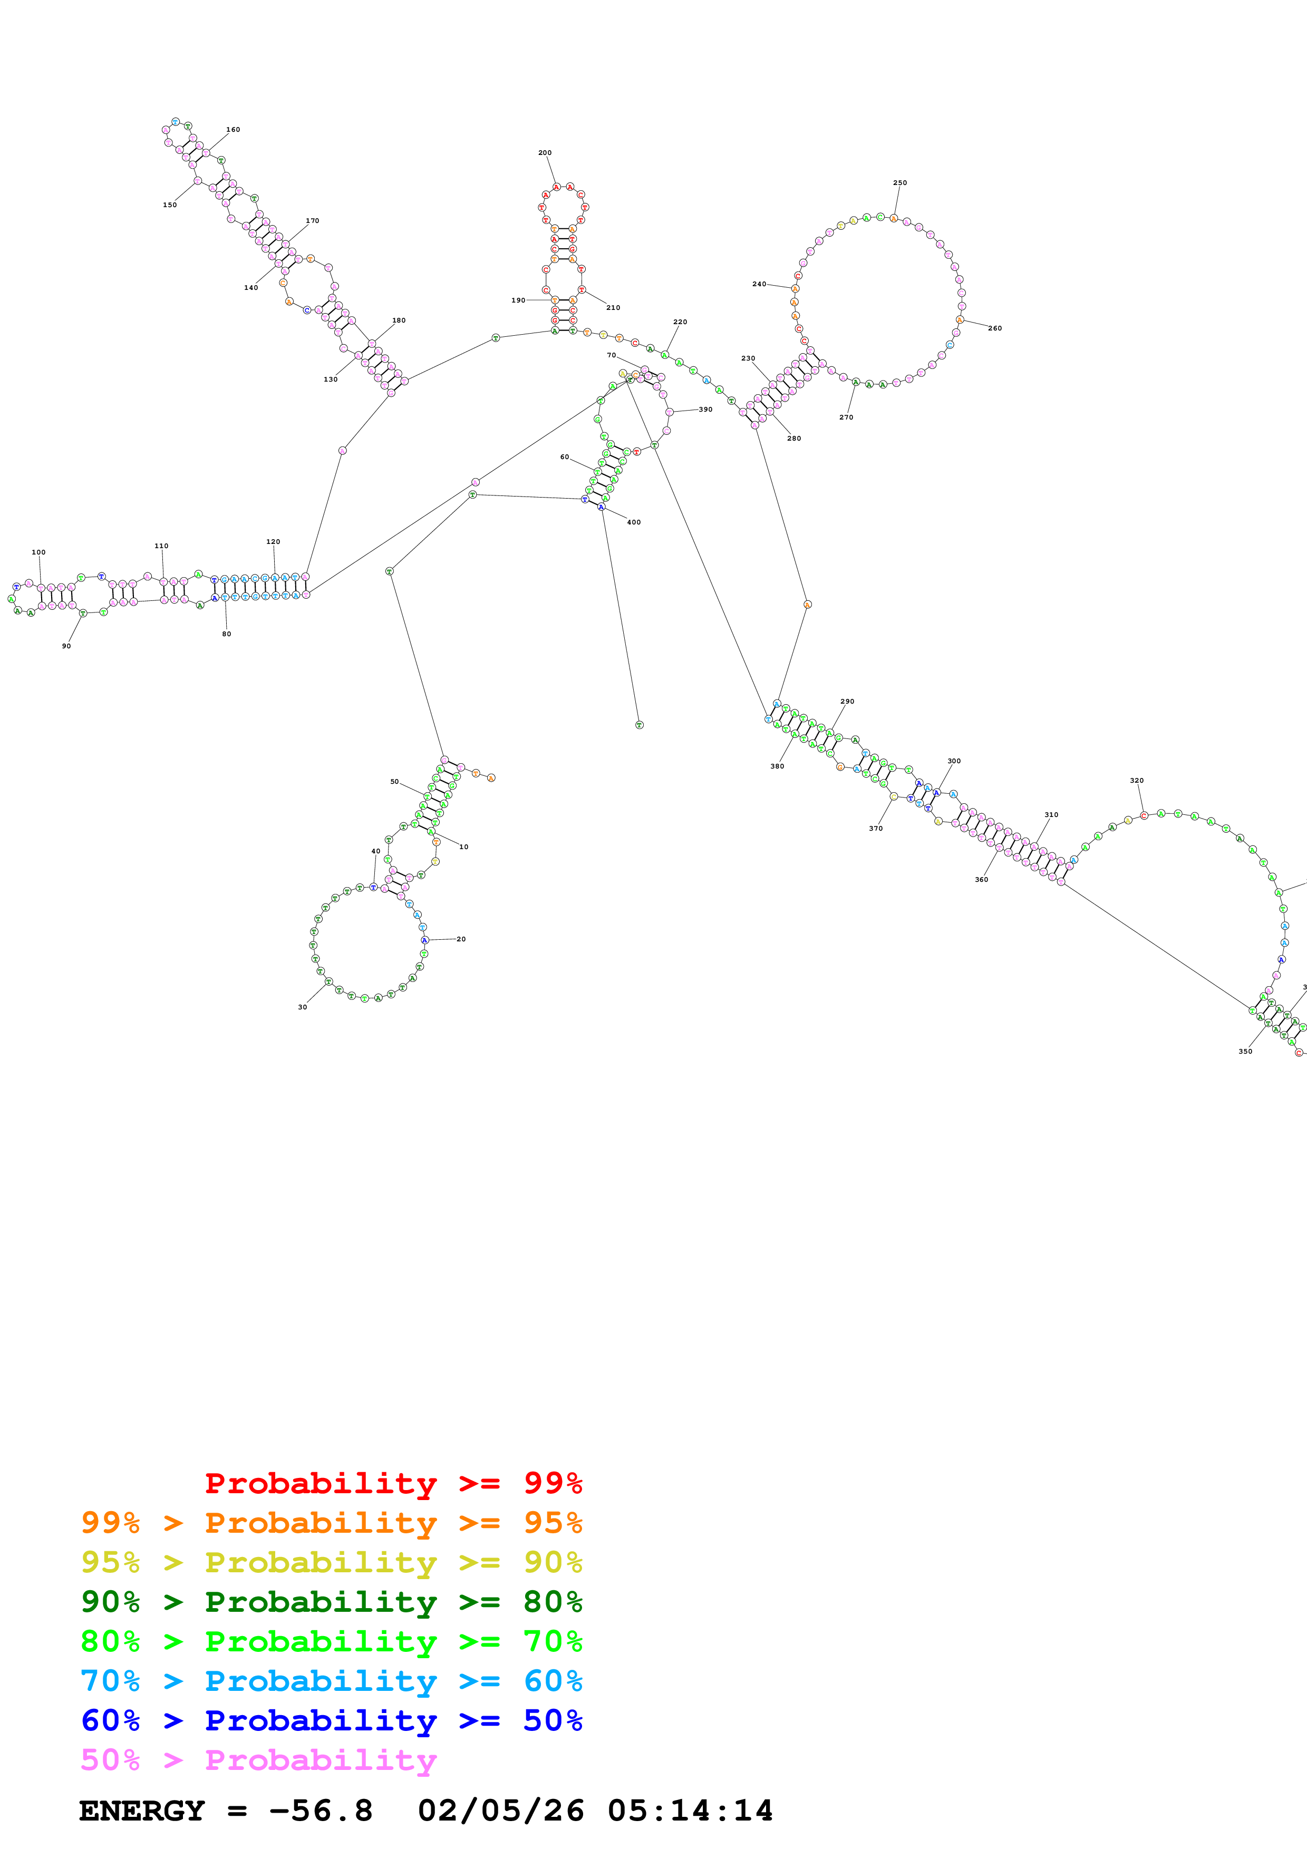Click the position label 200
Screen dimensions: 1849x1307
coord(545,152)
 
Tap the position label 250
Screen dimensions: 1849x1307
coord(899,183)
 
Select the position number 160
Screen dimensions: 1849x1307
coord(233,130)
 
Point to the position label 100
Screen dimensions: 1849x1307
coord(38,552)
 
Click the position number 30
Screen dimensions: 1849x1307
coord(303,1007)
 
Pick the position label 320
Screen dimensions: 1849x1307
coord(1136,781)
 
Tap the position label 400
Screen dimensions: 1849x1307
coord(634,522)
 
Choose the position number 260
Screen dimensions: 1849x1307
coord(994,328)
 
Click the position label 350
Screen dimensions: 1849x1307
coord(1245,1051)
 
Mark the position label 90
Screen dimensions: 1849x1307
coord(66,646)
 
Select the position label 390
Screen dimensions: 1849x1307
coord(705,409)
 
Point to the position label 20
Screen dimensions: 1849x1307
coord(461,939)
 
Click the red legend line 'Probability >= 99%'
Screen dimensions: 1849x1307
coord(393,1483)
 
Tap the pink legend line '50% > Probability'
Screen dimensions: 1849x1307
coord(258,1759)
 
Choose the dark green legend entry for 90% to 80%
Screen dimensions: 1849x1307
coord(331,1602)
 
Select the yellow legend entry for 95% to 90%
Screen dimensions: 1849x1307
coord(331,1562)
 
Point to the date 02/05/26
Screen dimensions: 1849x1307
coord(500,1811)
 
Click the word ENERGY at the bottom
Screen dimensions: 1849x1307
coord(142,1811)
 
